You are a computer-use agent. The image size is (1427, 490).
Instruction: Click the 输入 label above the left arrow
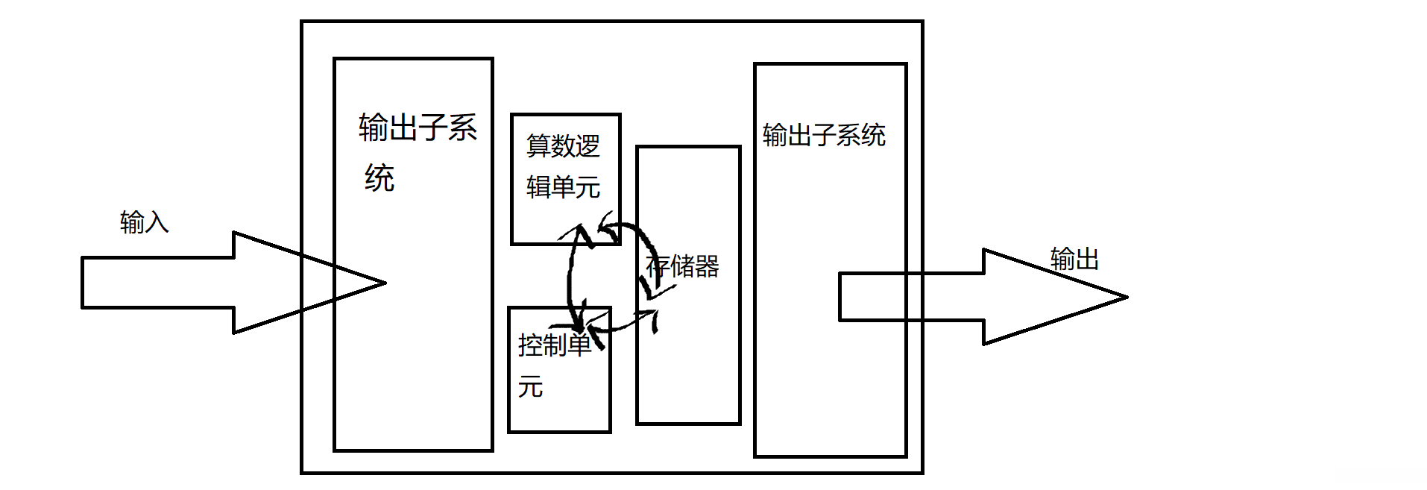click(x=144, y=222)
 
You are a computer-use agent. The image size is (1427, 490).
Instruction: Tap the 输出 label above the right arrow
click(x=1074, y=259)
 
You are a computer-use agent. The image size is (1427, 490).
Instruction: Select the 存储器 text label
click(x=682, y=266)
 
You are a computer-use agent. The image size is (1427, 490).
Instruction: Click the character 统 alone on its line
click(x=379, y=178)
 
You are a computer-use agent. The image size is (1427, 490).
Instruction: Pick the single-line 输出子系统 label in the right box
click(x=824, y=135)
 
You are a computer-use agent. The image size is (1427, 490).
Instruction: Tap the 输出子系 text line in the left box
click(x=418, y=128)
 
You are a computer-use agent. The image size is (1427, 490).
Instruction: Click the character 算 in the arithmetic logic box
click(x=538, y=145)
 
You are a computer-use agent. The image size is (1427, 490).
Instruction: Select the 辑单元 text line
click(x=563, y=186)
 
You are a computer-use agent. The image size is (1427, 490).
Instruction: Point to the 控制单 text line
click(x=555, y=345)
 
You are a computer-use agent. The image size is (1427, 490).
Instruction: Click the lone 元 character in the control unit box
click(x=530, y=387)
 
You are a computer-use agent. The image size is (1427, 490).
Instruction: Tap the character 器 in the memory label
click(x=707, y=266)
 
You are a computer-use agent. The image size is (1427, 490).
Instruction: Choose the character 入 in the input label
click(x=157, y=222)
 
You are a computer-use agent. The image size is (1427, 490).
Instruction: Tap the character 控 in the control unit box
click(x=530, y=345)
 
